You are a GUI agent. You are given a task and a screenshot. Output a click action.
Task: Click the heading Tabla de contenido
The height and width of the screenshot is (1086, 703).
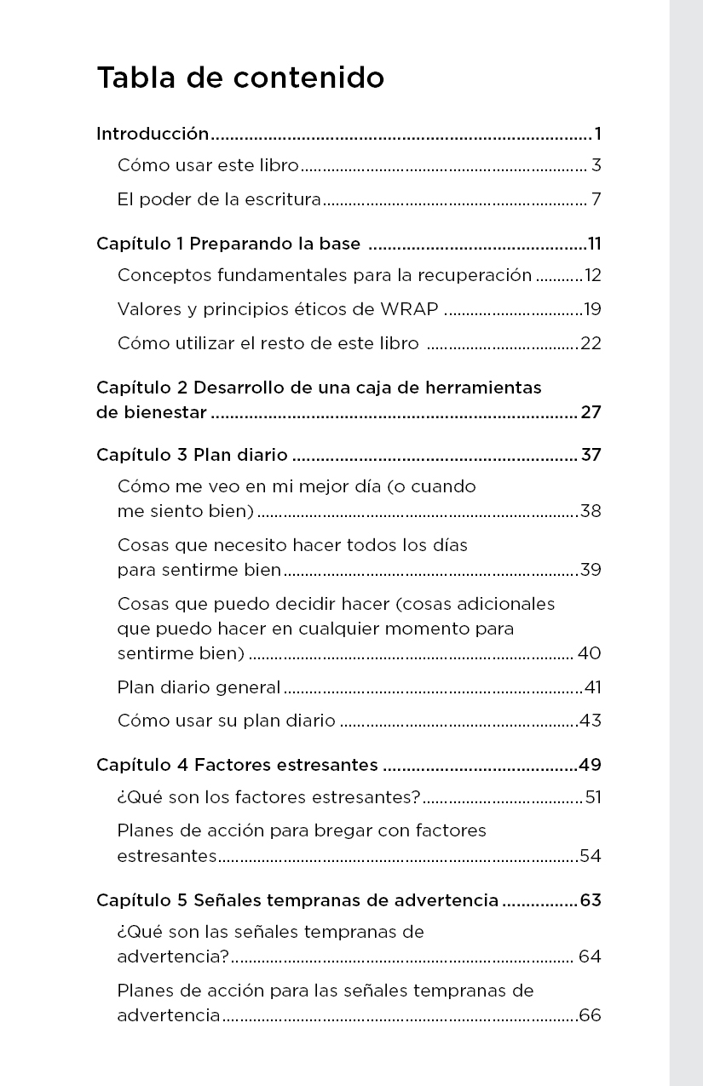click(240, 78)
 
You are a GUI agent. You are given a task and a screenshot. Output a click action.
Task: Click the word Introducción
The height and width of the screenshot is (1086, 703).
click(153, 134)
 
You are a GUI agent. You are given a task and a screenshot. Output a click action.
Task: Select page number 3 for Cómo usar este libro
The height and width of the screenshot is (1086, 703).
click(596, 165)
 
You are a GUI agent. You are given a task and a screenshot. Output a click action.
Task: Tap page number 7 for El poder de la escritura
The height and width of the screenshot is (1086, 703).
click(596, 200)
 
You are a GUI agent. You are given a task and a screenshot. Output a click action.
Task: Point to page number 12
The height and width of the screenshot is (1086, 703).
click(593, 276)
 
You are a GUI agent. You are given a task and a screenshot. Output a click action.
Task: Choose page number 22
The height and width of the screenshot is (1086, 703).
click(591, 343)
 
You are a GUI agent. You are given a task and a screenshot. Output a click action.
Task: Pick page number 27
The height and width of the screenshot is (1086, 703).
click(591, 413)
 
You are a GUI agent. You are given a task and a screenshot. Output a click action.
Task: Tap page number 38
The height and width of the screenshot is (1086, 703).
click(591, 511)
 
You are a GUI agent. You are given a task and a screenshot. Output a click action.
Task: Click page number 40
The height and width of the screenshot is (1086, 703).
click(590, 653)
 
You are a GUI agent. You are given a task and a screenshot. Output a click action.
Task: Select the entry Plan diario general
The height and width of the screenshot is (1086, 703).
click(199, 687)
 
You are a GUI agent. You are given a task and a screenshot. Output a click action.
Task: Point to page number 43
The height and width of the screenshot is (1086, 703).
click(591, 721)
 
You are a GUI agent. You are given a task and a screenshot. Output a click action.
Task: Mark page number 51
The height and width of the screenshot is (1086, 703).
click(593, 798)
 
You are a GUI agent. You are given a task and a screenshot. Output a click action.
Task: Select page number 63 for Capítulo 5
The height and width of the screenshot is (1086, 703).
click(591, 900)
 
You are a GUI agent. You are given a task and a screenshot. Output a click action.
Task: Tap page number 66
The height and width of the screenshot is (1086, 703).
click(590, 1015)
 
